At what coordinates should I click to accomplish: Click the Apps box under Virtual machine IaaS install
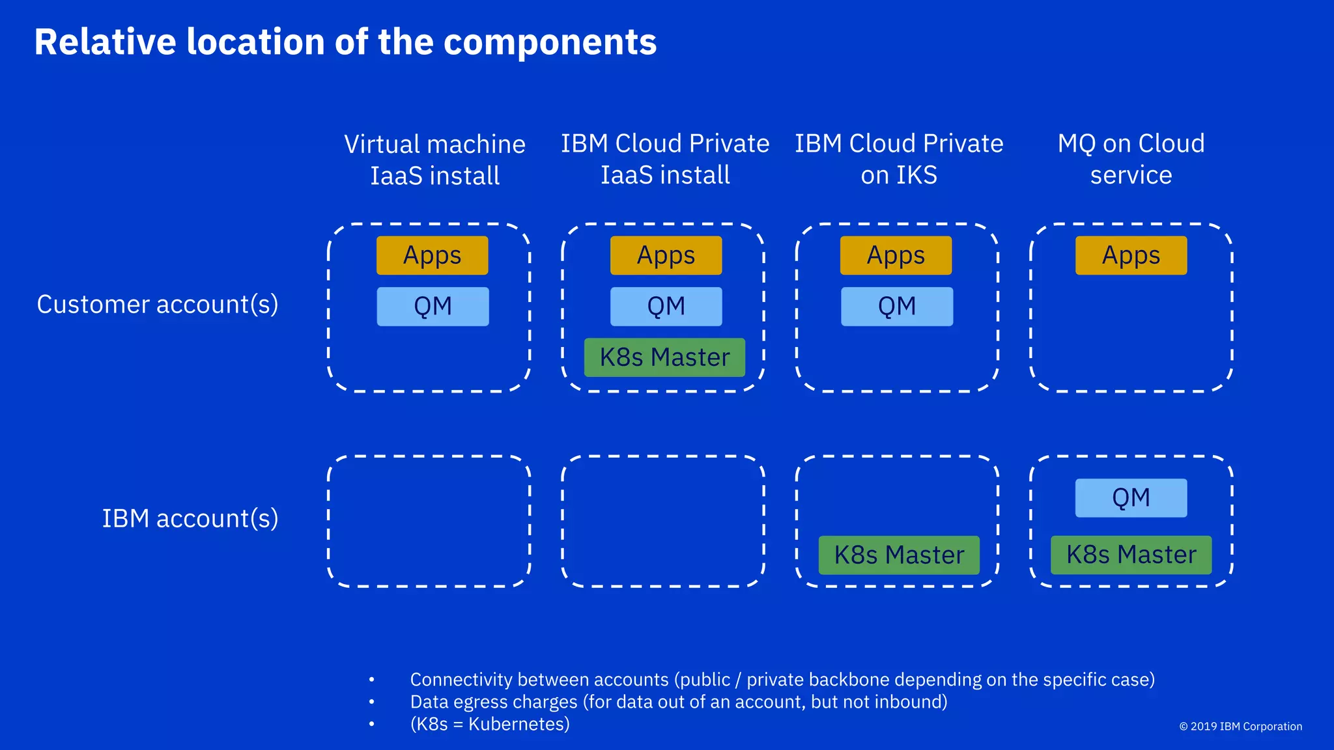[432, 255]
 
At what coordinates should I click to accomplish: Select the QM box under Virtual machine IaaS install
[433, 306]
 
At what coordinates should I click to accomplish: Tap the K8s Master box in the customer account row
[664, 357]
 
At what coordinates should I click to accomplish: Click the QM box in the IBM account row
[1131, 498]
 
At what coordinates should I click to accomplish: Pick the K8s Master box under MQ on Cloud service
[1131, 555]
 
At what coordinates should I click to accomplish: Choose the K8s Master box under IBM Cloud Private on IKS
[899, 555]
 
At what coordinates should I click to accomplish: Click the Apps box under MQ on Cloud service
[1131, 255]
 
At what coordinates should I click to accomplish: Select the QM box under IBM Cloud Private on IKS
[897, 306]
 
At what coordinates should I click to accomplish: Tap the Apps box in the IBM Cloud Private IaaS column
[666, 255]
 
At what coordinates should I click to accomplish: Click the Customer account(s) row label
[158, 304]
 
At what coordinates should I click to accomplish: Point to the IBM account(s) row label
[190, 518]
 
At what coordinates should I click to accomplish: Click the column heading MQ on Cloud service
[1131, 159]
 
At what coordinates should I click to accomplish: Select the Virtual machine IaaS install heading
[434, 160]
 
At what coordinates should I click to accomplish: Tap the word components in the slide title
[550, 42]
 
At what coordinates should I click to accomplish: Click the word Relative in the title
[105, 42]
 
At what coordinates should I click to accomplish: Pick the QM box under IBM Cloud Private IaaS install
[666, 306]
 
